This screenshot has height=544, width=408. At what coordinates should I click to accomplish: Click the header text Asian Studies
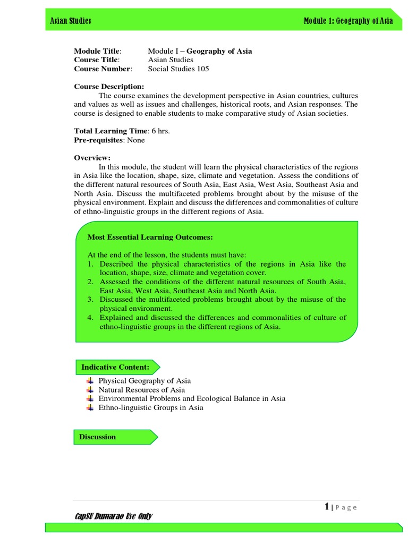(x=70, y=20)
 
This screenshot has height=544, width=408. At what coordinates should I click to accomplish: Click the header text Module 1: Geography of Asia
(x=348, y=20)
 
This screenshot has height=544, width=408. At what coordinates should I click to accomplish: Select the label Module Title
(x=98, y=51)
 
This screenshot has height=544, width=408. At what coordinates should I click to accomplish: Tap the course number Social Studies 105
(x=178, y=69)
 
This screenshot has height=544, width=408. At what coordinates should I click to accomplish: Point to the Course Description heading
(x=109, y=87)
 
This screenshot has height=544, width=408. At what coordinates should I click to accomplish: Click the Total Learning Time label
(x=110, y=131)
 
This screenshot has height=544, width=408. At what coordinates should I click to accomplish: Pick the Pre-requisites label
(x=98, y=140)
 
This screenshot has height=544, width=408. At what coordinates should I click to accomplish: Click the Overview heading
(x=92, y=158)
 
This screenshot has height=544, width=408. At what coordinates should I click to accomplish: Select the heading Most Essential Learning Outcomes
(x=146, y=237)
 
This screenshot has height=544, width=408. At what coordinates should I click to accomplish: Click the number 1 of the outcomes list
(x=90, y=264)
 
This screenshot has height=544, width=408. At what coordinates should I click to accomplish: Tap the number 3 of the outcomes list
(x=90, y=300)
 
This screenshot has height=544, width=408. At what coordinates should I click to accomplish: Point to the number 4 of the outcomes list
(x=90, y=318)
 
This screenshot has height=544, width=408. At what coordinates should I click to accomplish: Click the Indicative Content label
(x=115, y=367)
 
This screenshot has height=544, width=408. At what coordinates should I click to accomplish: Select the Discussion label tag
(x=97, y=437)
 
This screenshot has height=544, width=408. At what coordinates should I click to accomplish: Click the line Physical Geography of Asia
(x=144, y=381)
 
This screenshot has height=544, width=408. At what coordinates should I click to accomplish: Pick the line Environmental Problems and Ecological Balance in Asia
(x=192, y=398)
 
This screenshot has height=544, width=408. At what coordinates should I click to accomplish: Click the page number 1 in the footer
(x=327, y=507)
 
